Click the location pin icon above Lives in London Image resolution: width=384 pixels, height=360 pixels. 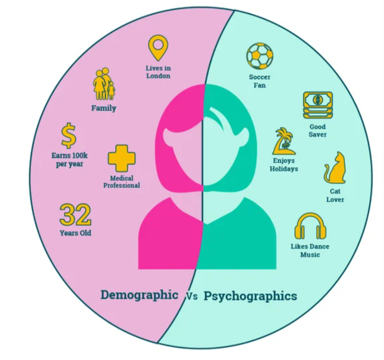[x=158, y=47]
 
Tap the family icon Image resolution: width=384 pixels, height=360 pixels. [x=103, y=85]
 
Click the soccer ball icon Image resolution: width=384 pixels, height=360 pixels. [x=260, y=56]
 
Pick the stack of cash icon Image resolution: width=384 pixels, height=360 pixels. [x=318, y=105]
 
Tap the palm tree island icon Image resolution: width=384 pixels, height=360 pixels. [x=284, y=142]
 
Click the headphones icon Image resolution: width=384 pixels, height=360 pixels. [x=310, y=226]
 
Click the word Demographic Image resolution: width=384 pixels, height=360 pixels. [x=139, y=295]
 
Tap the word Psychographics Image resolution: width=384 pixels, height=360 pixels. [x=250, y=296]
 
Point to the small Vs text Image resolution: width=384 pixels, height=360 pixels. [x=192, y=296]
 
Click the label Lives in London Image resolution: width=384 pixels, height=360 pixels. [x=158, y=72]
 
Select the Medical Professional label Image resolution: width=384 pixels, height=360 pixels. [x=122, y=182]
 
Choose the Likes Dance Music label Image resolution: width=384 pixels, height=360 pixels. [x=310, y=250]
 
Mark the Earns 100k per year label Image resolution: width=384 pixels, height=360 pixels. [x=69, y=160]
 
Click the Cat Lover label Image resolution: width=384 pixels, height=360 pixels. [x=335, y=196]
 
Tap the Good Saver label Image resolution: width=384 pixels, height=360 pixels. [x=318, y=130]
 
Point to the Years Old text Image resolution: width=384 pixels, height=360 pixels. [x=75, y=233]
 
